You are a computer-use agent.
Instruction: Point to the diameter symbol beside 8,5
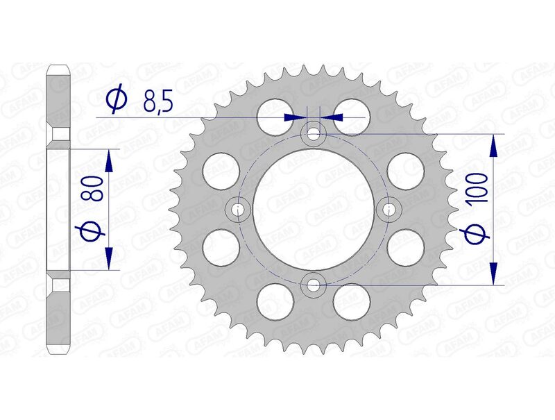117,101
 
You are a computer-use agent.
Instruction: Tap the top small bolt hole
314,133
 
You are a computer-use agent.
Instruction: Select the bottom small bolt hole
314,284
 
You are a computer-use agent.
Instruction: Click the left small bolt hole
239,208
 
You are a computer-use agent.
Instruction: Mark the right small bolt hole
389,208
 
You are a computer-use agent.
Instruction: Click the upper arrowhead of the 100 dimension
493,145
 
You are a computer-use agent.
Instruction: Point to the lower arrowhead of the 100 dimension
493,272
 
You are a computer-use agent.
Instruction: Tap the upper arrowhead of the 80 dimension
108,160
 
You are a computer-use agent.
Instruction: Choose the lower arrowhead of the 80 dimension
108,258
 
